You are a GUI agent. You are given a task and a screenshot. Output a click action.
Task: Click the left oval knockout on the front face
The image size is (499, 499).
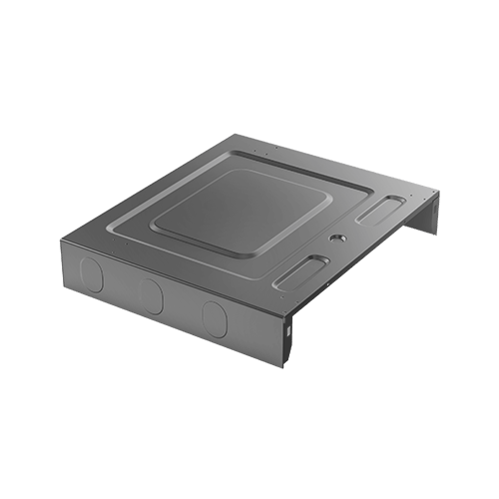(x=90, y=272)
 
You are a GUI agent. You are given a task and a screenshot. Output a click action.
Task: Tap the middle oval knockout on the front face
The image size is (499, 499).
(x=151, y=294)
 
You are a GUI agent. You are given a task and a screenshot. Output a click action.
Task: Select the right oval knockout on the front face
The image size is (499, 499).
(x=214, y=317)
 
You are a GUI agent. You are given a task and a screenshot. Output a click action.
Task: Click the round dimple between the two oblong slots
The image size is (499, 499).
(x=335, y=239)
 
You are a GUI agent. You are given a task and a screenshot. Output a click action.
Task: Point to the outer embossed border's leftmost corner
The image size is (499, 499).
(x=98, y=232)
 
